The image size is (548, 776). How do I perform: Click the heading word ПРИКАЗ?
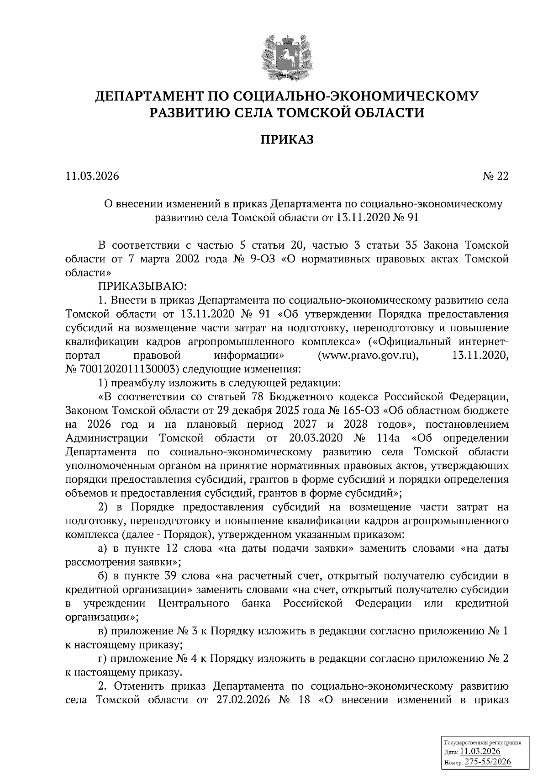287,139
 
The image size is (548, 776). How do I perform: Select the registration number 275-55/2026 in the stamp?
488,762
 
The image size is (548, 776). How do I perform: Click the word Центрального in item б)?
194,603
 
